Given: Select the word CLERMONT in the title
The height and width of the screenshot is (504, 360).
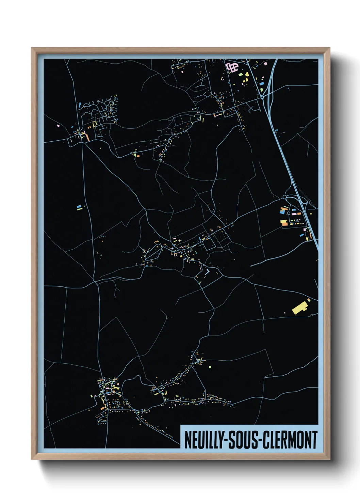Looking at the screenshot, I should tap(290, 440).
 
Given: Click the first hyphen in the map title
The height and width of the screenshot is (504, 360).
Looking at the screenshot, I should tap(225, 440).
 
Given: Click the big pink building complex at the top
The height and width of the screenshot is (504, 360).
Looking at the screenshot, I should tap(232, 67).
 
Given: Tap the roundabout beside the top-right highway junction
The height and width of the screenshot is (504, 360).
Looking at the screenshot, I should tap(262, 97).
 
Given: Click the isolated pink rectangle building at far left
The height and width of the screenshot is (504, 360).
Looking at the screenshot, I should tap(58, 126).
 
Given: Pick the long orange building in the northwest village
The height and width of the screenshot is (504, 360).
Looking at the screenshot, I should tap(87, 138).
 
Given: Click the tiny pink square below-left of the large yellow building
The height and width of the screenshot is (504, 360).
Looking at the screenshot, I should tap(285, 313).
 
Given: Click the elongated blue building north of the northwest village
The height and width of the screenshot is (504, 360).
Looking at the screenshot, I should tap(79, 105).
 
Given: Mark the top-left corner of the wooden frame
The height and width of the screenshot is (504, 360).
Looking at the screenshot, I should tap(32, 48).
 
